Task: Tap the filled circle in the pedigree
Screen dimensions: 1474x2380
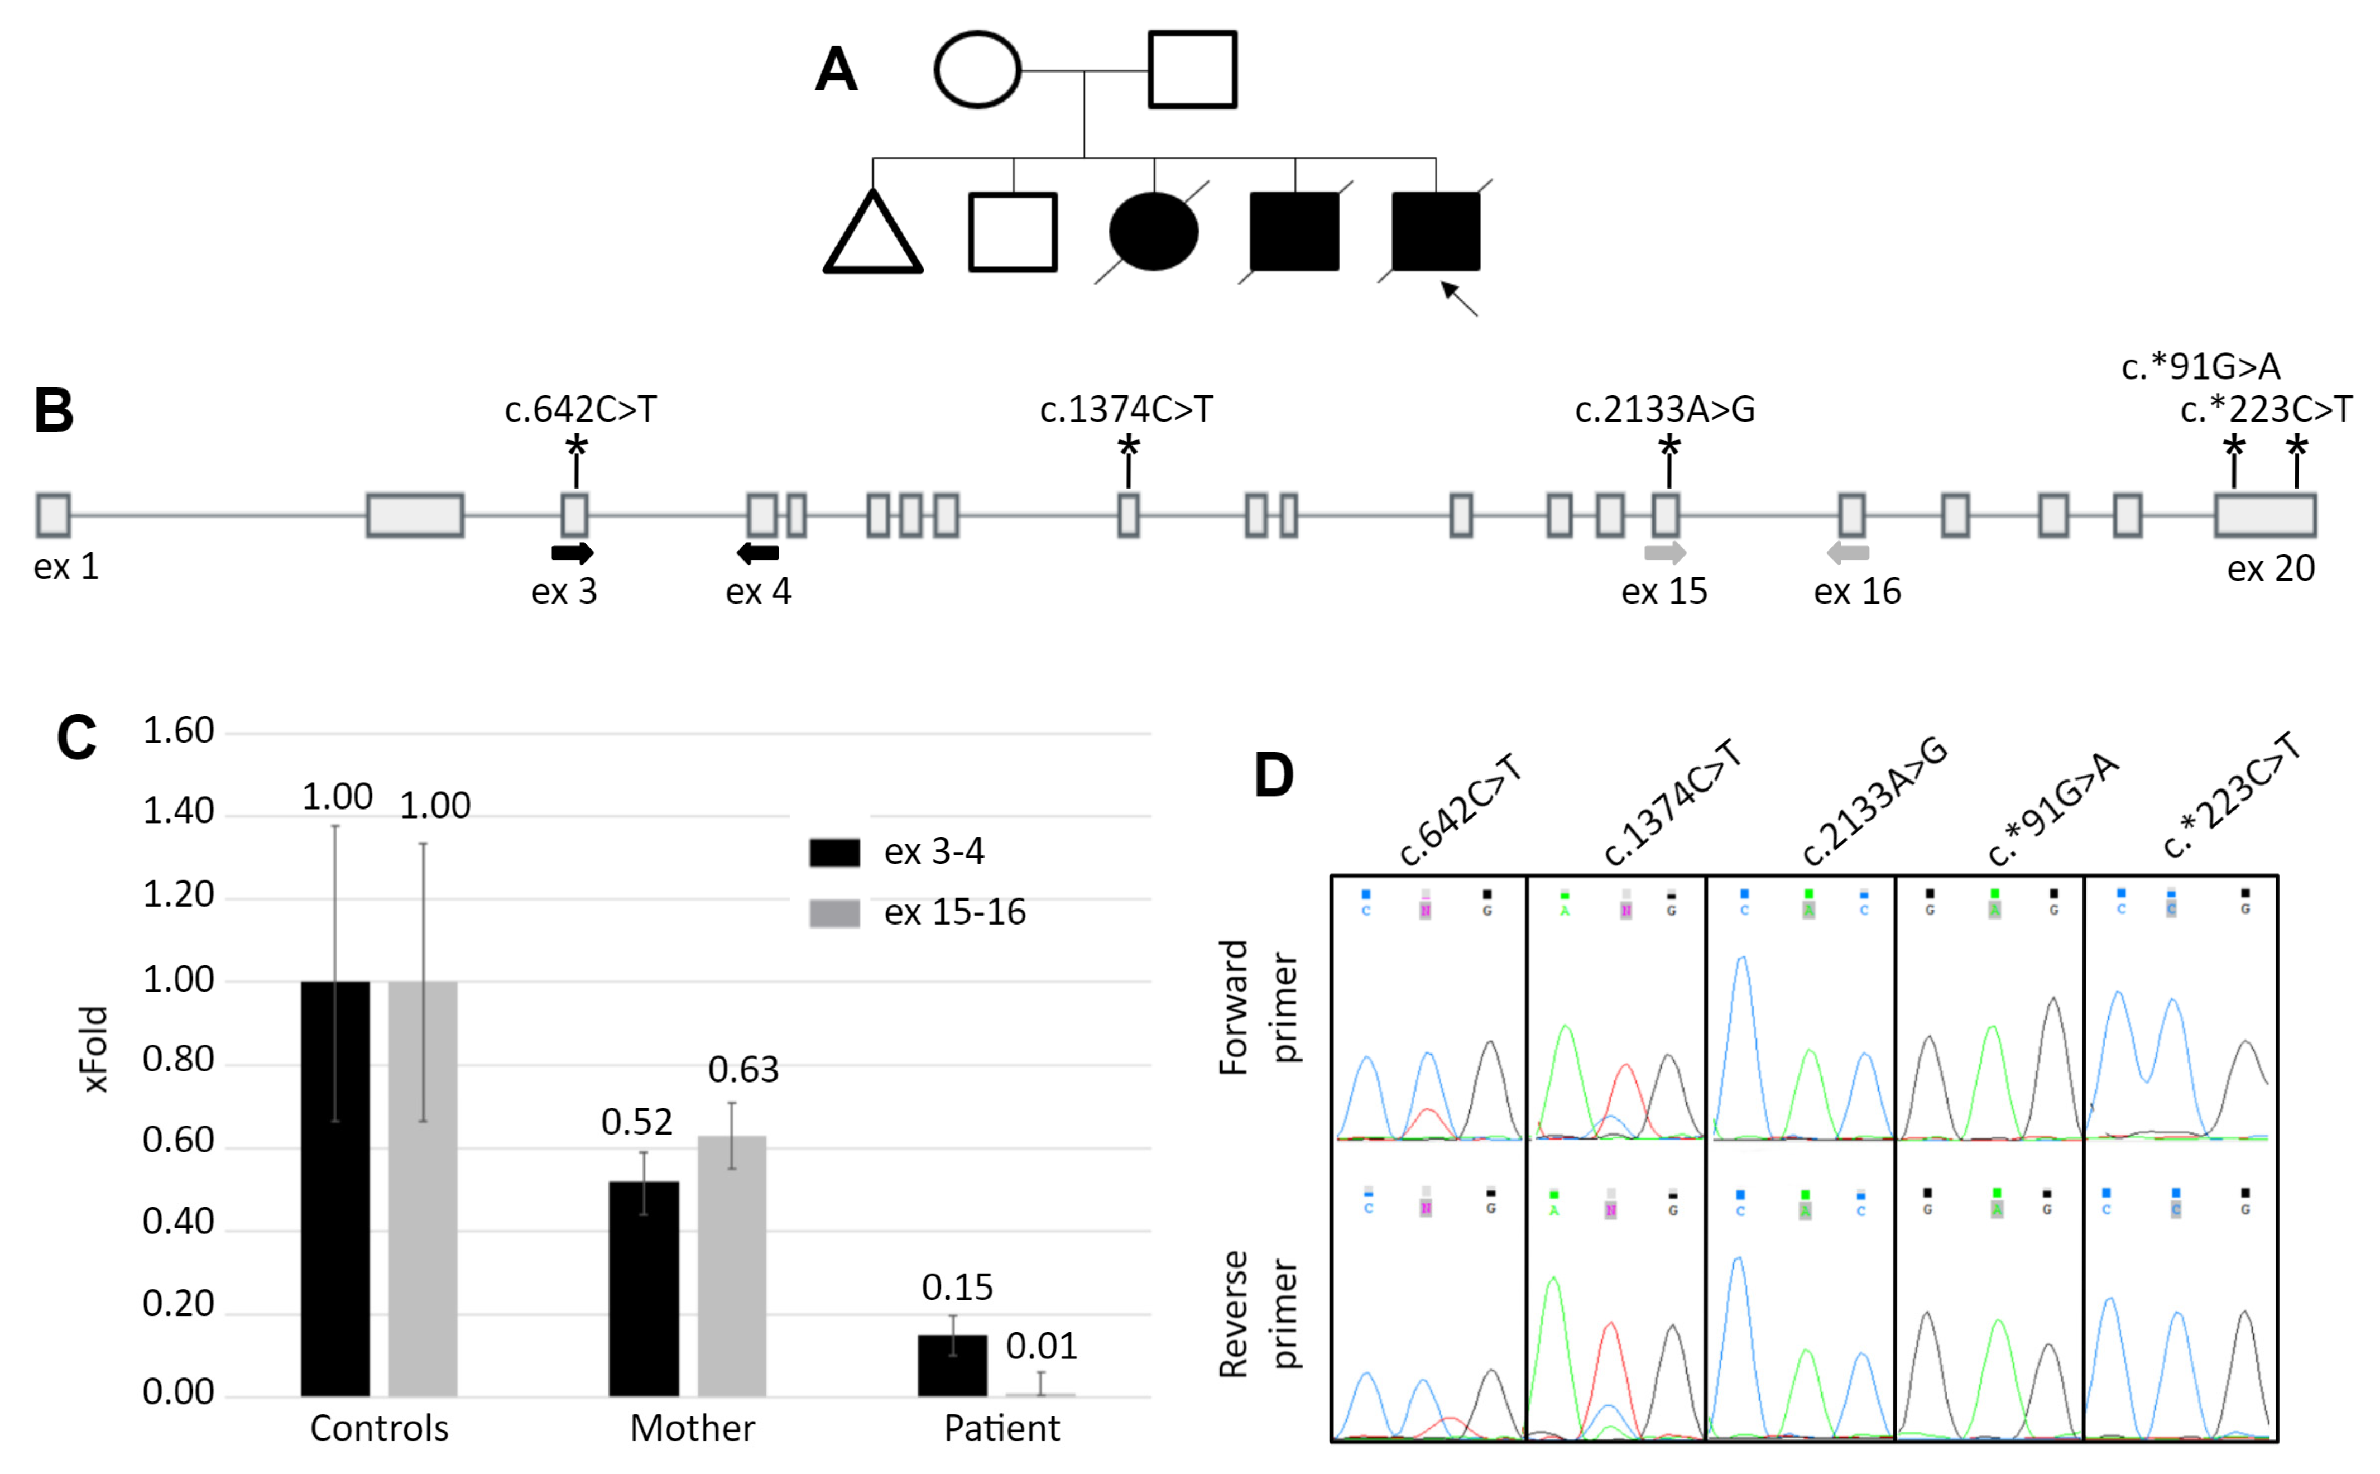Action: (1153, 231)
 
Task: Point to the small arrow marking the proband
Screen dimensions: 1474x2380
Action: (1459, 298)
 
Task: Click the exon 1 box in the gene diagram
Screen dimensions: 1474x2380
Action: (54, 515)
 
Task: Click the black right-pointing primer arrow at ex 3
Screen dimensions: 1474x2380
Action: (572, 553)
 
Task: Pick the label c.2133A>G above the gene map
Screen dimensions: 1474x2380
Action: (1664, 409)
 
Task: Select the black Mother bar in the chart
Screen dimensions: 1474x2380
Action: (643, 1288)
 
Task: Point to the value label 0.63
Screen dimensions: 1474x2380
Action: (743, 1069)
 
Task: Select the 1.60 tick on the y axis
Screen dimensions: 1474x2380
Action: (179, 730)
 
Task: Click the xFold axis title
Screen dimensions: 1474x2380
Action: (94, 1049)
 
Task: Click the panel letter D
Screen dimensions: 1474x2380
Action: (1274, 775)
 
